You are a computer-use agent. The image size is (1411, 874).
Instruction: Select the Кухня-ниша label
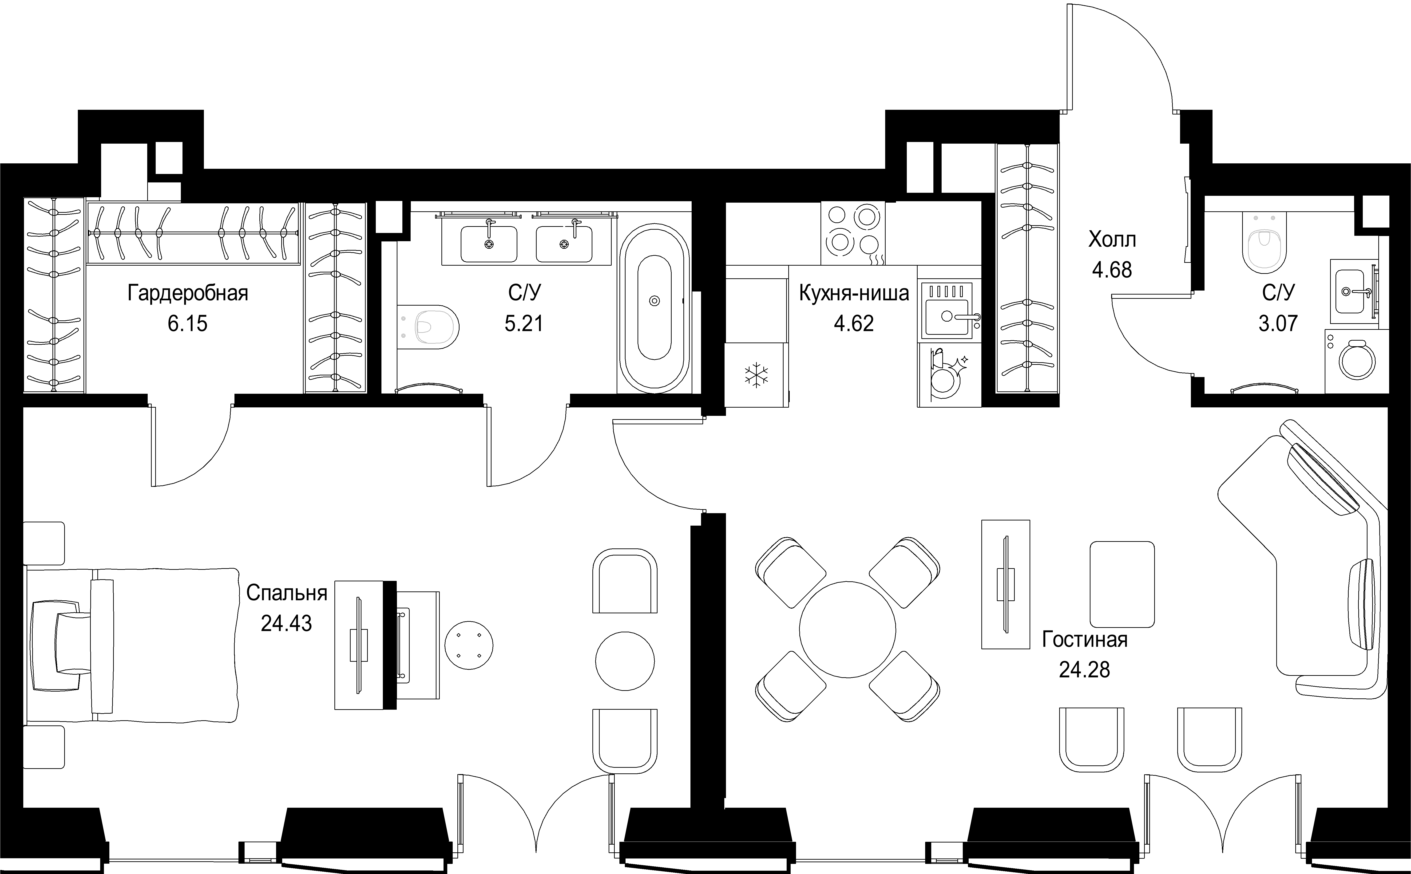tap(854, 293)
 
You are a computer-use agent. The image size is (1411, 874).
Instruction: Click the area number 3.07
tap(1278, 323)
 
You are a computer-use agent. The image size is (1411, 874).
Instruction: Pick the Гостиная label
tap(1085, 640)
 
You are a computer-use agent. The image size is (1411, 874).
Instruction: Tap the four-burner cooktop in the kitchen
tap(853, 233)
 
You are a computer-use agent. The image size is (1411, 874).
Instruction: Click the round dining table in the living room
tap(847, 629)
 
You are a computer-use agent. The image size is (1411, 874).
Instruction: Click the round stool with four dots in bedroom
tap(469, 645)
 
